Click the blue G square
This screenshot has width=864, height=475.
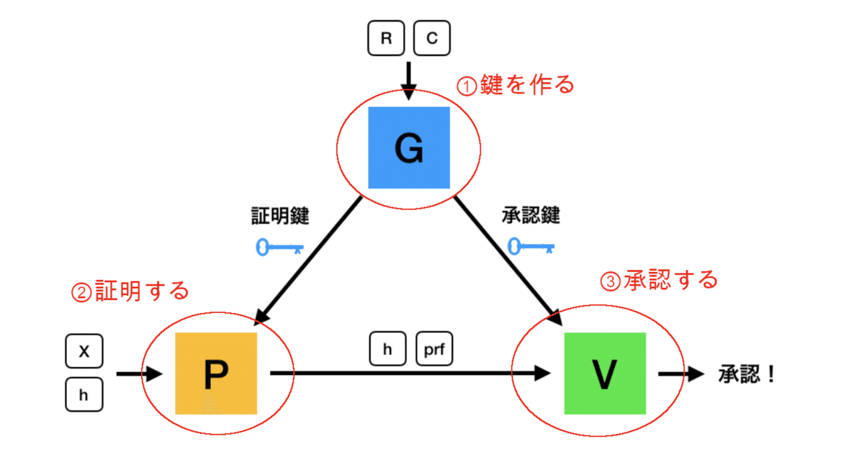point(408,148)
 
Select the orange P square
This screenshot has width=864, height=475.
point(216,373)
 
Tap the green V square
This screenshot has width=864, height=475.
point(605,373)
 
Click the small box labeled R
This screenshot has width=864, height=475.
point(386,38)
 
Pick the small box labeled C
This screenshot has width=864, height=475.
point(432,38)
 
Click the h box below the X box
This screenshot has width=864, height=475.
point(84,394)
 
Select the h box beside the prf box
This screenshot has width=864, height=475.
point(387,349)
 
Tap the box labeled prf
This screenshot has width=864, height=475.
point(435,349)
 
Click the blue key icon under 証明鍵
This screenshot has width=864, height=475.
point(279,248)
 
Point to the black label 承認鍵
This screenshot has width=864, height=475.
point(530,215)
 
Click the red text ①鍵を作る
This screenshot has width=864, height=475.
point(516,85)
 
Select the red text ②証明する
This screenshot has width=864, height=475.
point(130,291)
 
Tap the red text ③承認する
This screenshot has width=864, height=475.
point(659,279)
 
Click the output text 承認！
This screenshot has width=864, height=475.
point(747,374)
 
